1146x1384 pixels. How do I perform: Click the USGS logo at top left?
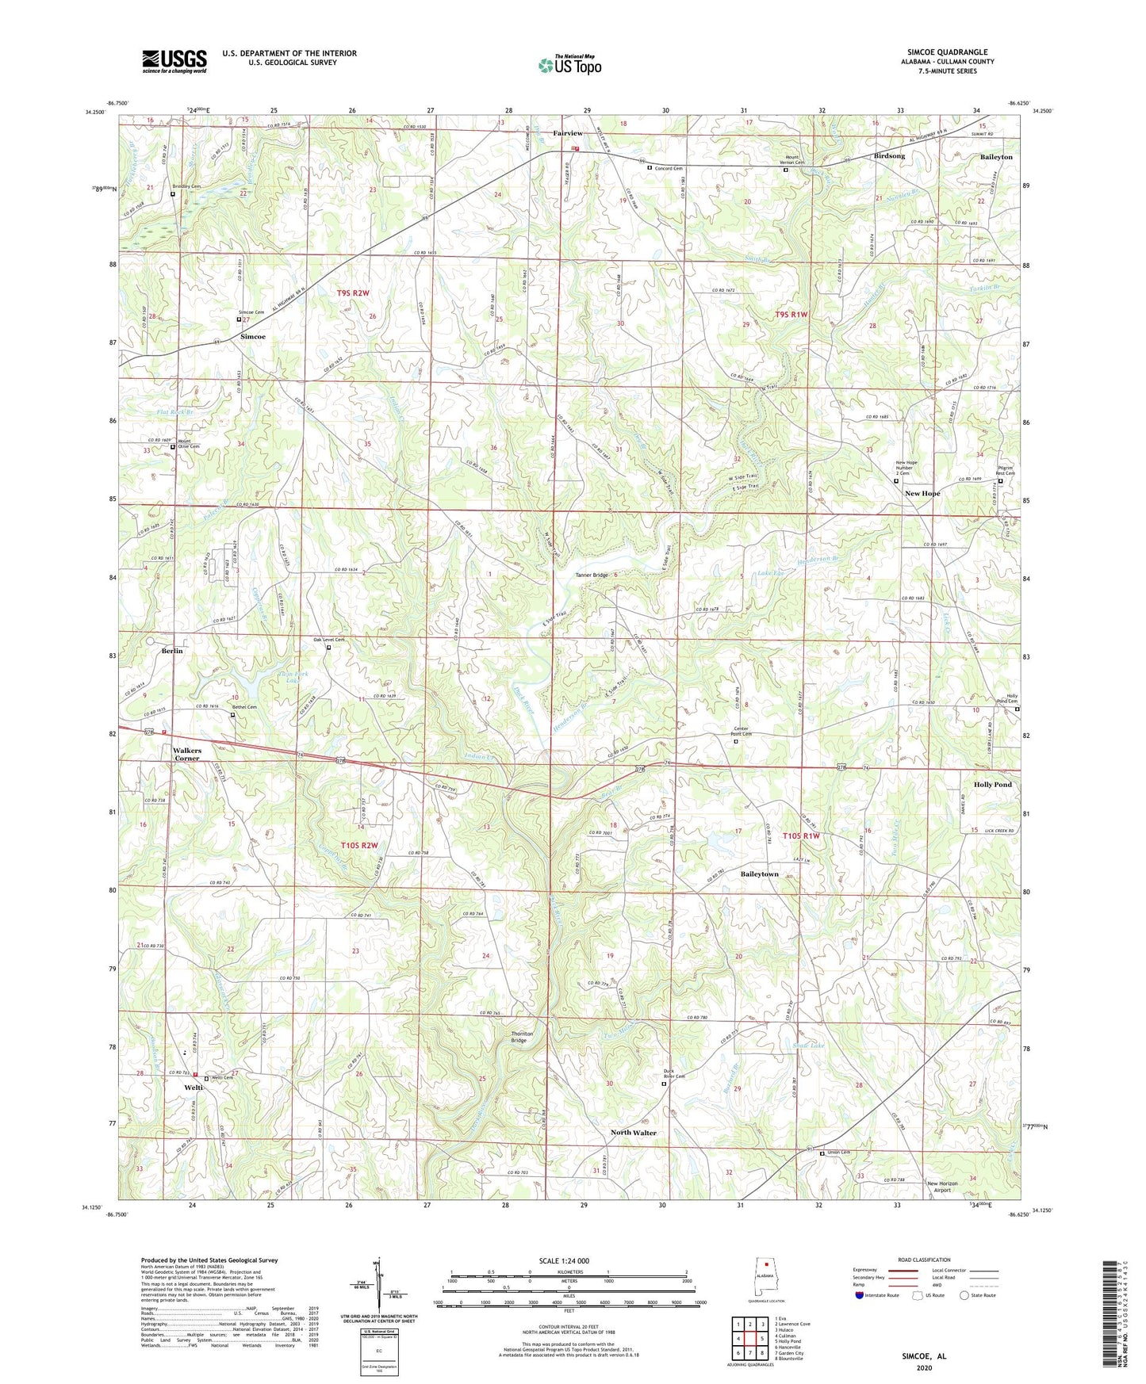coord(174,61)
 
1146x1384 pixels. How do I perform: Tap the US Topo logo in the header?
coord(569,65)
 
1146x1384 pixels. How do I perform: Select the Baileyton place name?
coord(996,157)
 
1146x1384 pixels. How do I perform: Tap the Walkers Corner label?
coord(187,754)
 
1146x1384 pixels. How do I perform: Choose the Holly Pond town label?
coord(992,785)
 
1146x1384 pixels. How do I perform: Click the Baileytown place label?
coord(759,874)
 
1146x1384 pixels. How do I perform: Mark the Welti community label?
coord(194,1088)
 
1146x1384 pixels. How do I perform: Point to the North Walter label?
coord(633,1133)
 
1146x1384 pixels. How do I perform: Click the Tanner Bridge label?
coord(592,575)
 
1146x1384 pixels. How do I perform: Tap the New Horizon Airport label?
coord(942,1187)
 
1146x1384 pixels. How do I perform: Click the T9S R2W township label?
coord(353,293)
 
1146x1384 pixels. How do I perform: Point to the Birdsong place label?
coord(888,156)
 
